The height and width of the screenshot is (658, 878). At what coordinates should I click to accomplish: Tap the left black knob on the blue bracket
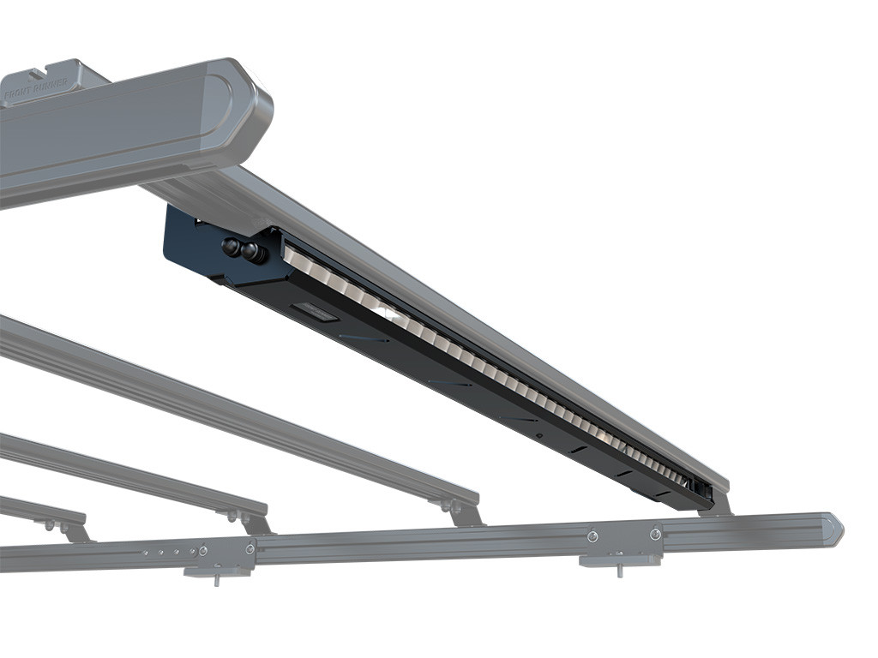(231, 248)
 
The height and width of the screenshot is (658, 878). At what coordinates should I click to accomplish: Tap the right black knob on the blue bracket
(250, 252)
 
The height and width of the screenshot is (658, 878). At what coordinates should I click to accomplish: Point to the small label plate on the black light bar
(315, 312)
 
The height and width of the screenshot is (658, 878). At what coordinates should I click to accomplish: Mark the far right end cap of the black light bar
(702, 491)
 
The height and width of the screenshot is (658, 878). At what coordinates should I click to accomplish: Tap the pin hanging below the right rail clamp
(619, 570)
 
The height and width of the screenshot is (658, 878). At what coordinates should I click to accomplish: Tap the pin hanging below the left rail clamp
(216, 580)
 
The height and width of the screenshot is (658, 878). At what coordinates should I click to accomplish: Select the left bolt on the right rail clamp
(592, 536)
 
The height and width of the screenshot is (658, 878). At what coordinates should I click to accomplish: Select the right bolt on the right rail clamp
(655, 535)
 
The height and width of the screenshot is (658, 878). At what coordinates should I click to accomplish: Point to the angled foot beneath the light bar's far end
(719, 505)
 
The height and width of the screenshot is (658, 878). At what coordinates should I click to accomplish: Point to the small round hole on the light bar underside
(539, 435)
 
